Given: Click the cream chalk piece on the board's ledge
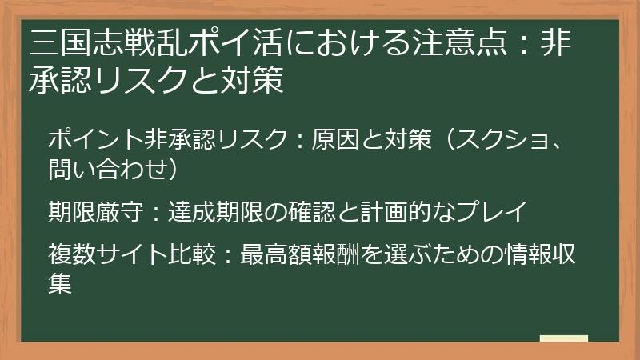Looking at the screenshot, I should point(563,339).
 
